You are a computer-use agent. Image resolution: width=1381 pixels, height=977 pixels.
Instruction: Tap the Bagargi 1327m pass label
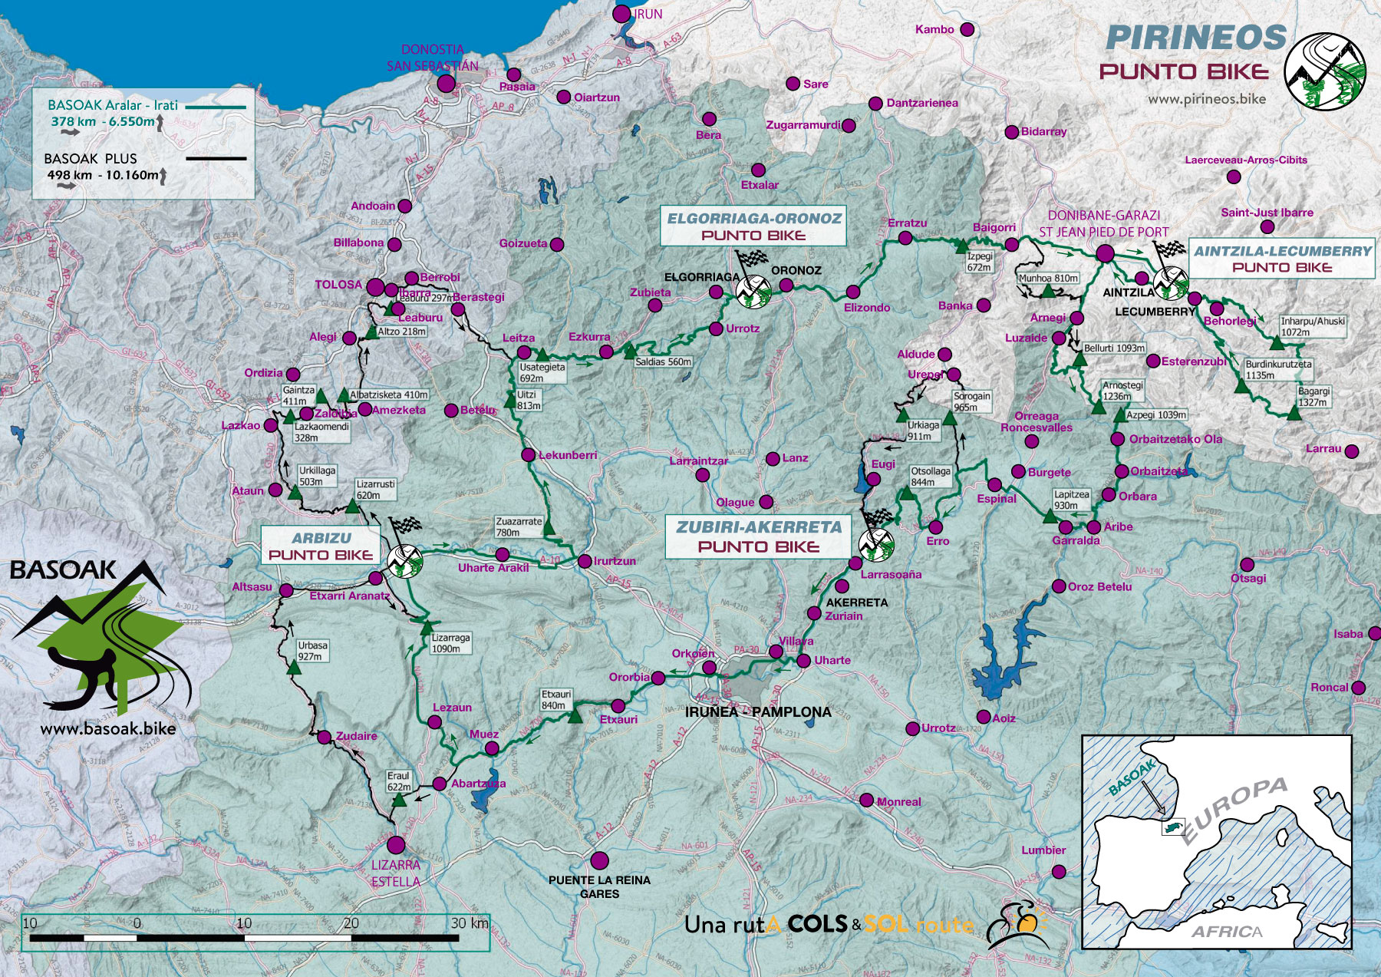pyautogui.click(x=1313, y=397)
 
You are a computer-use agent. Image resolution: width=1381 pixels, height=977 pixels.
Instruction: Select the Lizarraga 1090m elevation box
pyautogui.click(x=450, y=643)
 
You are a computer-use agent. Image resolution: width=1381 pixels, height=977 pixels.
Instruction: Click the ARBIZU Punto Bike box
pyautogui.click(x=321, y=546)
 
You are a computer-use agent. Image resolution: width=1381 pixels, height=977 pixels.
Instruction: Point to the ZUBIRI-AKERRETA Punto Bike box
pyautogui.click(x=758, y=536)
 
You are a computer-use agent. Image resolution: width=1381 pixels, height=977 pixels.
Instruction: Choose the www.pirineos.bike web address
pyautogui.click(x=1206, y=99)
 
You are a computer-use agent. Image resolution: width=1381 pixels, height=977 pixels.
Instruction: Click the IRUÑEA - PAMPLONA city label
pyautogui.click(x=757, y=712)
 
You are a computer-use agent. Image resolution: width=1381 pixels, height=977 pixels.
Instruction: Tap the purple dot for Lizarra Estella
pyautogui.click(x=396, y=845)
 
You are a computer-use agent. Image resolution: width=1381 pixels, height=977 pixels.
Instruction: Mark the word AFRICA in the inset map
pyautogui.click(x=1226, y=932)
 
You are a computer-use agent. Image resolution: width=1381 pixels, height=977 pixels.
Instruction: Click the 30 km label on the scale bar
pyautogui.click(x=470, y=923)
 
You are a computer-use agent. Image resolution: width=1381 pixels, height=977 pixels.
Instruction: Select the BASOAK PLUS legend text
pyautogui.click(x=91, y=159)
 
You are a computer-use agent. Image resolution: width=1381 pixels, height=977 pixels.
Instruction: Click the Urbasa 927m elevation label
pyautogui.click(x=312, y=651)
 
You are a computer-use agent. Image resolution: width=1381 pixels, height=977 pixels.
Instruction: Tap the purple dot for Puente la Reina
pyautogui.click(x=599, y=860)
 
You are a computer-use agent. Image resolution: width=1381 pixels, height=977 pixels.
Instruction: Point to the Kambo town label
pyautogui.click(x=934, y=29)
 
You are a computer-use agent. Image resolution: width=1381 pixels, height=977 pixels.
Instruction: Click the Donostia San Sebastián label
pyautogui.click(x=432, y=58)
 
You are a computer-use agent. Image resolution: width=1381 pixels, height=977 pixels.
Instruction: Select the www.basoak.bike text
pyautogui.click(x=107, y=729)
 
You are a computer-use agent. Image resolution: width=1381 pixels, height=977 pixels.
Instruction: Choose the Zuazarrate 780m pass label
pyautogui.click(x=519, y=526)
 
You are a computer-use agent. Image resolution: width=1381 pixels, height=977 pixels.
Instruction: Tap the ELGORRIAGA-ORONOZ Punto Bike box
pyautogui.click(x=753, y=226)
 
